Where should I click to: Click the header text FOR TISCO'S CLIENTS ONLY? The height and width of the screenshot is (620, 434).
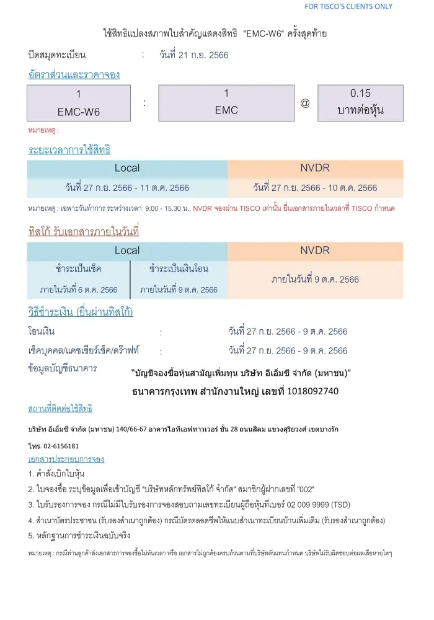348,7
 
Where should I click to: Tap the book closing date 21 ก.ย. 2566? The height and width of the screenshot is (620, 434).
194,55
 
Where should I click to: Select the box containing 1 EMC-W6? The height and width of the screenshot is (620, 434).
79,103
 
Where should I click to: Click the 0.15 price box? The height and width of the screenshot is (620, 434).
360,102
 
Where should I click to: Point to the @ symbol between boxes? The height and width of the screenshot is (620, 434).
305,103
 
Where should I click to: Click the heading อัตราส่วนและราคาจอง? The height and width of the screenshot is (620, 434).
74,74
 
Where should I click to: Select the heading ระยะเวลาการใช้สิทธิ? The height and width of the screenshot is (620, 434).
69,149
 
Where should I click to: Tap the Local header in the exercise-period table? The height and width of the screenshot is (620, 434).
127,168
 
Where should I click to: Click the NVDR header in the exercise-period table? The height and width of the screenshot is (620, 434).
315,168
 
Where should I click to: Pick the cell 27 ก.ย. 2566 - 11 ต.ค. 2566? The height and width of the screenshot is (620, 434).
127,187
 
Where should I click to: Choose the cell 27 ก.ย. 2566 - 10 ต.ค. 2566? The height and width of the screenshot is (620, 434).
315,187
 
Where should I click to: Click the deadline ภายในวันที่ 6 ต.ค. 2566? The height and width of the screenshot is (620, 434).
79,290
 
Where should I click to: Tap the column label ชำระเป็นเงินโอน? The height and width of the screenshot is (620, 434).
179,269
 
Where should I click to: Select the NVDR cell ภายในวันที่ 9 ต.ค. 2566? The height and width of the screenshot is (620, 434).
315,279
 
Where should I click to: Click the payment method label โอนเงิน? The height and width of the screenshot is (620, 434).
42,332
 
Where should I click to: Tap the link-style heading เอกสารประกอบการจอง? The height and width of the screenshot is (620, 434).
66,459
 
